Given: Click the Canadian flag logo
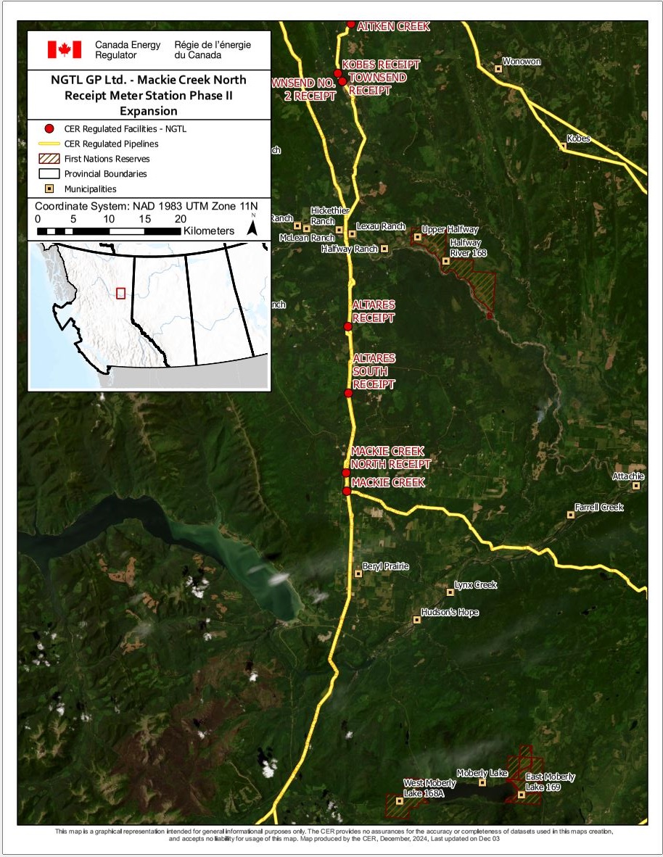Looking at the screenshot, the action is tap(65, 49).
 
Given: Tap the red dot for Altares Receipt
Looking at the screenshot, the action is tap(347, 327).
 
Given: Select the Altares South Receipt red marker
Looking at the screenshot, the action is tap(348, 393).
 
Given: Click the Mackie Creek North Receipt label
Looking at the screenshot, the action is tap(390, 458).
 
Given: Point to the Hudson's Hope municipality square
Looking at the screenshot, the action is tap(416, 620).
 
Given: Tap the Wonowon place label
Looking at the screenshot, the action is tap(522, 62).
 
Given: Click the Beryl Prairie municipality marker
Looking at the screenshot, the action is tap(358, 574).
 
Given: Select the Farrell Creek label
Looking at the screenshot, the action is tap(599, 508).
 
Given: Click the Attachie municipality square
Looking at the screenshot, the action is tap(636, 486).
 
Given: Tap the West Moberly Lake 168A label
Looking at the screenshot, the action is tap(429, 788).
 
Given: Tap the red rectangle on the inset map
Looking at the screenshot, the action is tap(120, 293).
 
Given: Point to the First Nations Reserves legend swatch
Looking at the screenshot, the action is tap(49, 159).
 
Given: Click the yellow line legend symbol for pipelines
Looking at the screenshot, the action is tap(49, 144).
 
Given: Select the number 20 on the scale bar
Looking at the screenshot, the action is tap(180, 219).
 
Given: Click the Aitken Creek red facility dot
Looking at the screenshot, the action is tap(351, 24).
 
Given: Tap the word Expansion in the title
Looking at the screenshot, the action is tap(149, 111).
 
